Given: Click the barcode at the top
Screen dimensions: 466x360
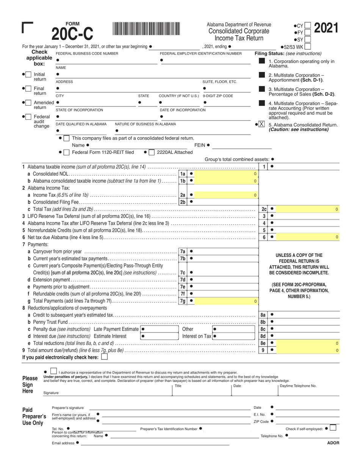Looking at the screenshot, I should [146, 30].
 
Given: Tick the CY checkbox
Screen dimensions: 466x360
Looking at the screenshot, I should [308, 26].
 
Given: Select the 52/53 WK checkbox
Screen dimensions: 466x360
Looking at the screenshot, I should [308, 47].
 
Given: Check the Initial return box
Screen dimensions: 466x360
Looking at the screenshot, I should [28, 74].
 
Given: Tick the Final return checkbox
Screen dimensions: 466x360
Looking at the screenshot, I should [28, 88].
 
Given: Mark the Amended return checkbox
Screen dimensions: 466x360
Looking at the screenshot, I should [28, 102].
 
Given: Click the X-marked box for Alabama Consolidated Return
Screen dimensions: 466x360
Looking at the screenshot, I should [261, 124].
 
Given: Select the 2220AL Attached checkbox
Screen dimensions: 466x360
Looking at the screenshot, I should [152, 152].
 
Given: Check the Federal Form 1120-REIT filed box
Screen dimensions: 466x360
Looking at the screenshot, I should [66, 152].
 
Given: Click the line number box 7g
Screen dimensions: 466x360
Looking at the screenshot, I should [183, 301].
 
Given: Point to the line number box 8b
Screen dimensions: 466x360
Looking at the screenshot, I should [263, 322].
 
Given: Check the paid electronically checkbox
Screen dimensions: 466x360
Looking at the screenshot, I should [104, 357].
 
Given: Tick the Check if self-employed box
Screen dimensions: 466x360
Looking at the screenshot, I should [333, 428].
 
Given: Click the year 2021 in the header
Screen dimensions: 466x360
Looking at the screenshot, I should [326, 29].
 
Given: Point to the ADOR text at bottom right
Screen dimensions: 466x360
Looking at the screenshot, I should [333, 443].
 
